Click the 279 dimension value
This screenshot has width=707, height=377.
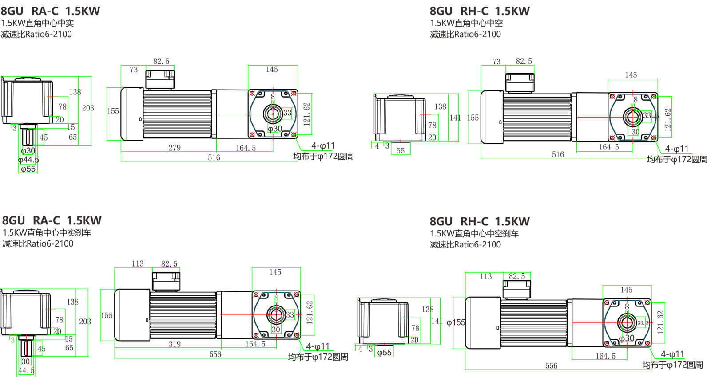175,148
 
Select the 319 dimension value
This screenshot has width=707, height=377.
175,344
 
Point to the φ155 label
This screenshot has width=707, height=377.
456,322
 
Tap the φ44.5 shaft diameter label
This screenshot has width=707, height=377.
28,160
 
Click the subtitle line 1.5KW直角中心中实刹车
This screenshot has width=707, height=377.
47,232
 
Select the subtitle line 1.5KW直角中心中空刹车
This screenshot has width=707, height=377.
474,233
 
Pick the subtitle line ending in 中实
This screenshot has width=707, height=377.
37,23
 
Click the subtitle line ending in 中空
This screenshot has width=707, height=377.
466,23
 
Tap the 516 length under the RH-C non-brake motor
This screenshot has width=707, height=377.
558,155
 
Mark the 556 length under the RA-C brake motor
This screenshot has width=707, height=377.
215,354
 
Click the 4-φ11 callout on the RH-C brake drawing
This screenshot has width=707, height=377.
672,354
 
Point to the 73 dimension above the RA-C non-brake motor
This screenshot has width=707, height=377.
134,70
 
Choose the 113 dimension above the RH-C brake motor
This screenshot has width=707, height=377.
486,277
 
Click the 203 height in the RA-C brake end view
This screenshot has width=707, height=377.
85,322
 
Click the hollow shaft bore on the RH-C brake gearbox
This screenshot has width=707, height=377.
627,322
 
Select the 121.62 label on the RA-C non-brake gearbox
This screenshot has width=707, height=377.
306,114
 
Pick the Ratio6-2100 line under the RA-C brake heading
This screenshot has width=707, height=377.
38,244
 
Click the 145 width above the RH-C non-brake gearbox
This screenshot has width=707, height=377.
631,75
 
